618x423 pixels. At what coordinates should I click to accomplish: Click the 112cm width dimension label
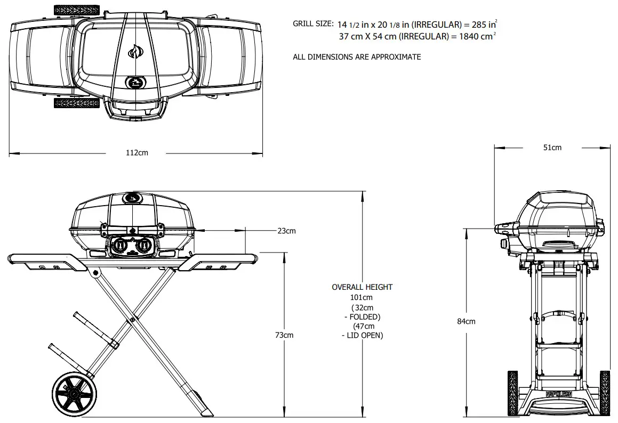pos(137,153)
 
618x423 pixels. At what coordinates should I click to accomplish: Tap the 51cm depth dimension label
pos(552,148)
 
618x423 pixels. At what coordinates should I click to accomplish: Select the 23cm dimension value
pos(286,231)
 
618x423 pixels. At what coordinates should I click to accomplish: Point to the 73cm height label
pos(284,335)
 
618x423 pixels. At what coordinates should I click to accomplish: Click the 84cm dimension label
pos(466,321)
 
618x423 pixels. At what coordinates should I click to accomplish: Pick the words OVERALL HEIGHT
pos(362,287)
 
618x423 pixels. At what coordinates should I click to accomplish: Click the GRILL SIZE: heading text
pos(313,24)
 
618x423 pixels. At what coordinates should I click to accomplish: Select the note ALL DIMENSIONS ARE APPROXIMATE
pos(357,57)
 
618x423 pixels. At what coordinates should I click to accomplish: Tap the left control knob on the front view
pos(120,246)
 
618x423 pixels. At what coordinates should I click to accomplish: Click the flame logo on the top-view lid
pos(135,52)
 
